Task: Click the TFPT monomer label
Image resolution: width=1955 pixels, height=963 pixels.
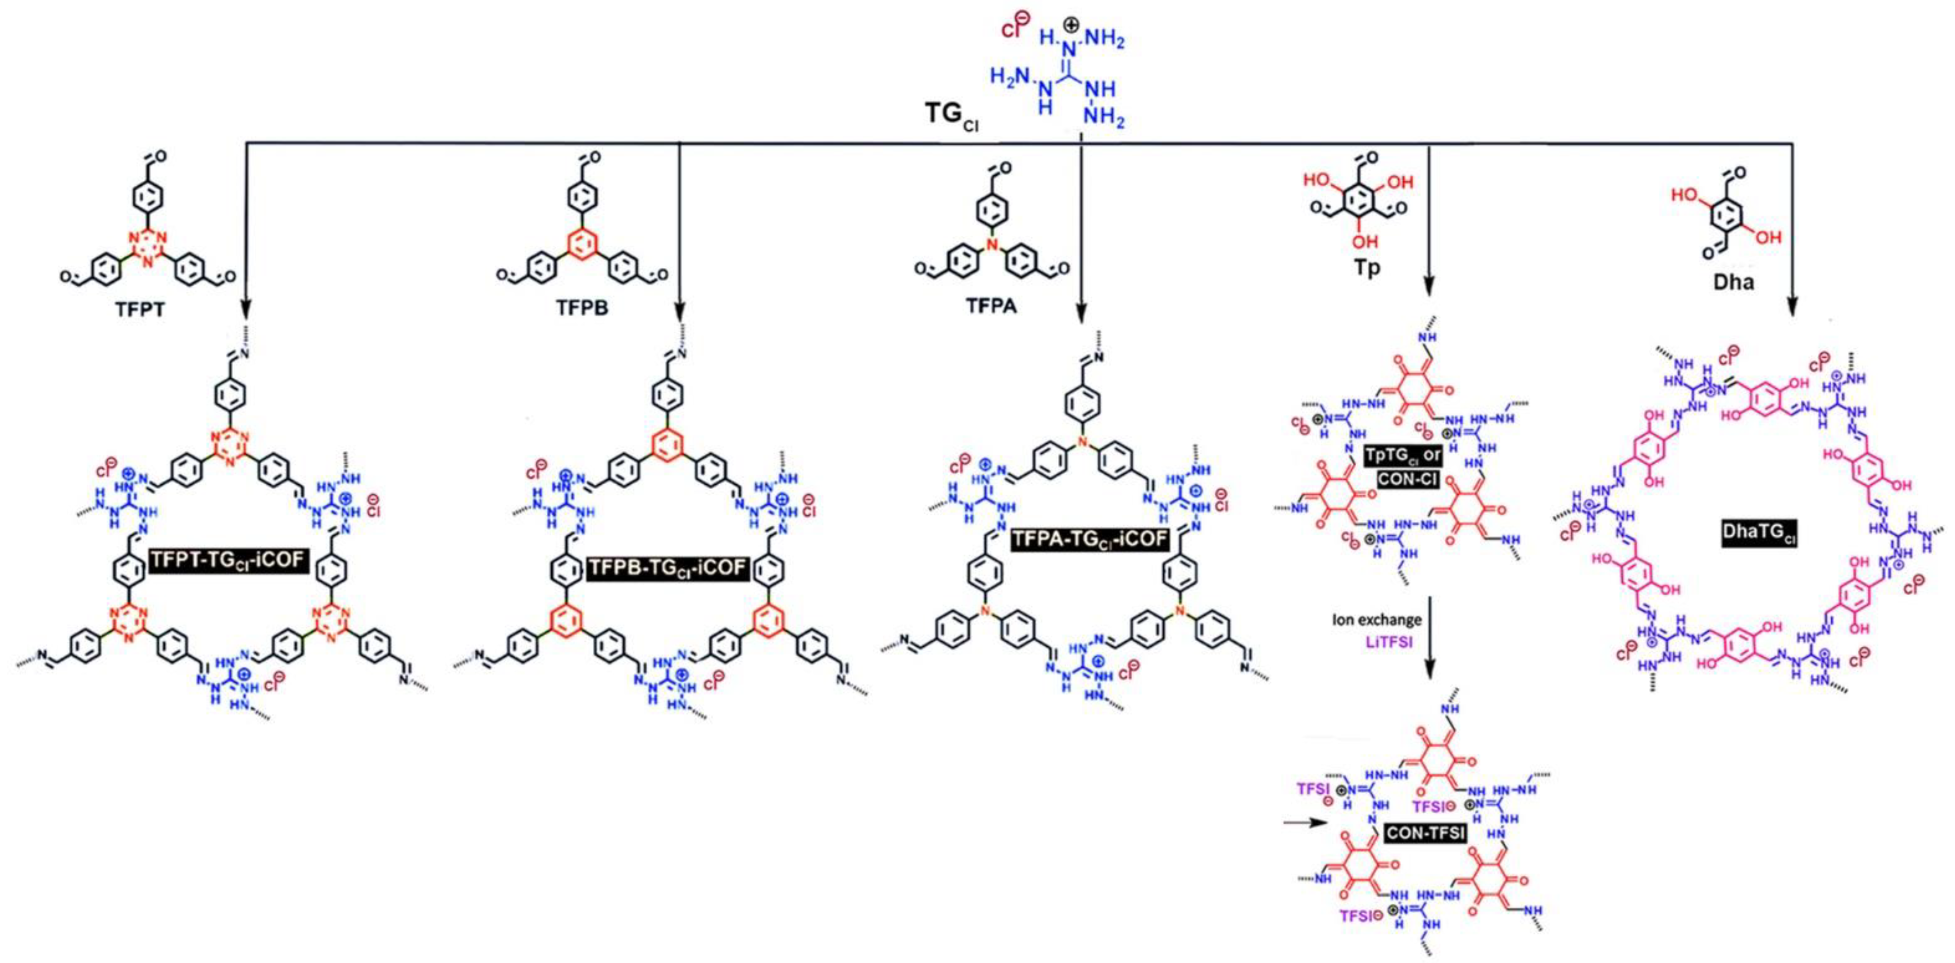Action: (141, 310)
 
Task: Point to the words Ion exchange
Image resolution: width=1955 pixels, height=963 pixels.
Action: (1376, 620)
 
